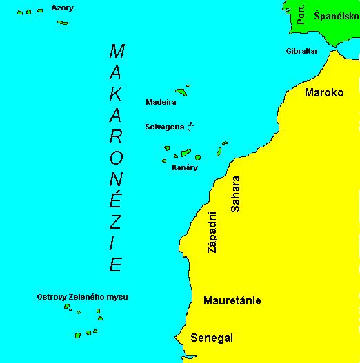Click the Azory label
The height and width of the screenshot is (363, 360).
pos(63,8)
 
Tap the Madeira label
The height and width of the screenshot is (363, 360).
pos(161,102)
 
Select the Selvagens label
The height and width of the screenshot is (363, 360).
pos(163,127)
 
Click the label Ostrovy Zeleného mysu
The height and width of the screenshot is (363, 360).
pos(82,297)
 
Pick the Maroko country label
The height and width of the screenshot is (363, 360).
pos(324,92)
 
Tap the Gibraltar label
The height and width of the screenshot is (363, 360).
pos(302,51)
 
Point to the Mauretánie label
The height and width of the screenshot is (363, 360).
pos(232,300)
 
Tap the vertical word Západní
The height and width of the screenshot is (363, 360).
pos(212,232)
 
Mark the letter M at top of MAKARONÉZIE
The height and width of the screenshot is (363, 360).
pos(117,51)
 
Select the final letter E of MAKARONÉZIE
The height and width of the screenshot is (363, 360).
pos(117,264)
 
